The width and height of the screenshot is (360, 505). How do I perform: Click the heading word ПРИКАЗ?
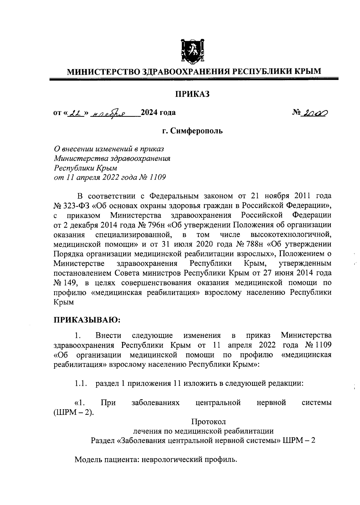(192, 94)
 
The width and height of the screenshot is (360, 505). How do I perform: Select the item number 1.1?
(81, 383)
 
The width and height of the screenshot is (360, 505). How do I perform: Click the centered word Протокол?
(208, 422)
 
